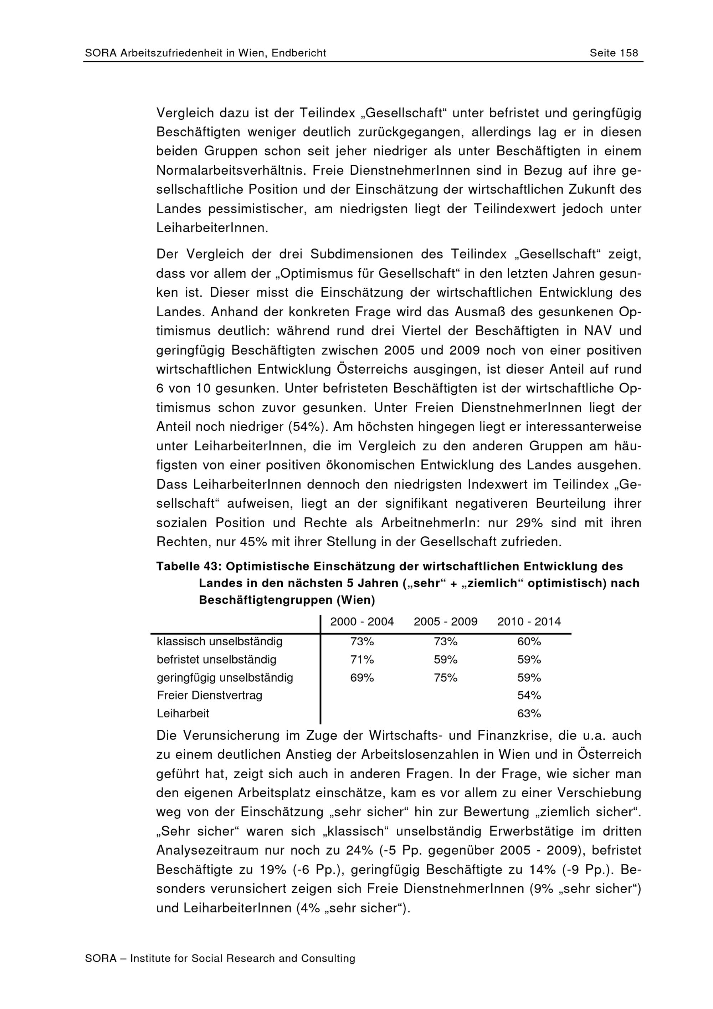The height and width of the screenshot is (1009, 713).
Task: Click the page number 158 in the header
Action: pyautogui.click(x=628, y=53)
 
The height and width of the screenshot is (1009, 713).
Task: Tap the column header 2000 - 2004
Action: pyautogui.click(x=362, y=621)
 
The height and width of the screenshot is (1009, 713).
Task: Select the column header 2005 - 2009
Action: pyautogui.click(x=446, y=621)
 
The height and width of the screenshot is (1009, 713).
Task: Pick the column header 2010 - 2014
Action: pyautogui.click(x=529, y=621)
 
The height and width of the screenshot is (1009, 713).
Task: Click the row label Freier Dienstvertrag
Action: pyautogui.click(x=210, y=695)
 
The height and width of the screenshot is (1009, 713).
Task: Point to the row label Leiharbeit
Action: pyautogui.click(x=183, y=713)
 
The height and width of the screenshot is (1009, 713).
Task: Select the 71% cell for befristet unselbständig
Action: pyautogui.click(x=362, y=660)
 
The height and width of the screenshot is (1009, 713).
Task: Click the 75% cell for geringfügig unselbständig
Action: pyautogui.click(x=446, y=678)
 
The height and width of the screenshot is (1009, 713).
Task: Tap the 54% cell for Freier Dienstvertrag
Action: pyautogui.click(x=529, y=695)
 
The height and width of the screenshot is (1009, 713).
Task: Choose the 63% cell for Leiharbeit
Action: pyautogui.click(x=529, y=713)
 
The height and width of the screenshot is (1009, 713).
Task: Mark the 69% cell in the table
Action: pyautogui.click(x=362, y=678)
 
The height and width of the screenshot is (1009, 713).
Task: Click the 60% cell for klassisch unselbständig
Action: pyautogui.click(x=529, y=642)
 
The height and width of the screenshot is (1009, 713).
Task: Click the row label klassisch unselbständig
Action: pyautogui.click(x=220, y=642)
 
